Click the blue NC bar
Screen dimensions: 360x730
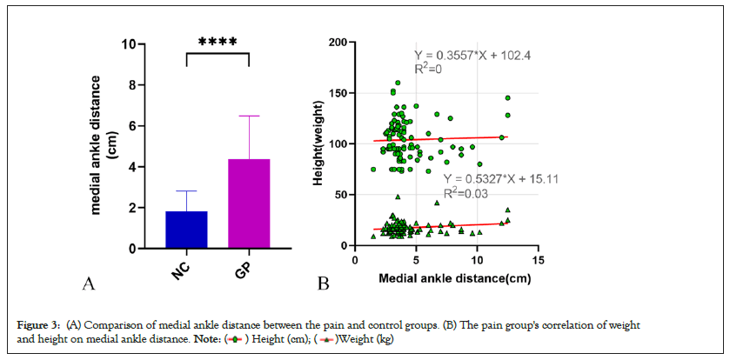186,230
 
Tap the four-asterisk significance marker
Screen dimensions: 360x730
218,42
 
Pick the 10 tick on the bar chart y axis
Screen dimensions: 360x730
128,43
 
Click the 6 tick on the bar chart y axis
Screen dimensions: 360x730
131,125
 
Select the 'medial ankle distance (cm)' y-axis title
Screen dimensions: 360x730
98,146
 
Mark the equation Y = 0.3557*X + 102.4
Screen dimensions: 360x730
471,55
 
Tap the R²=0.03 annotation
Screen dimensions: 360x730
465,194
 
